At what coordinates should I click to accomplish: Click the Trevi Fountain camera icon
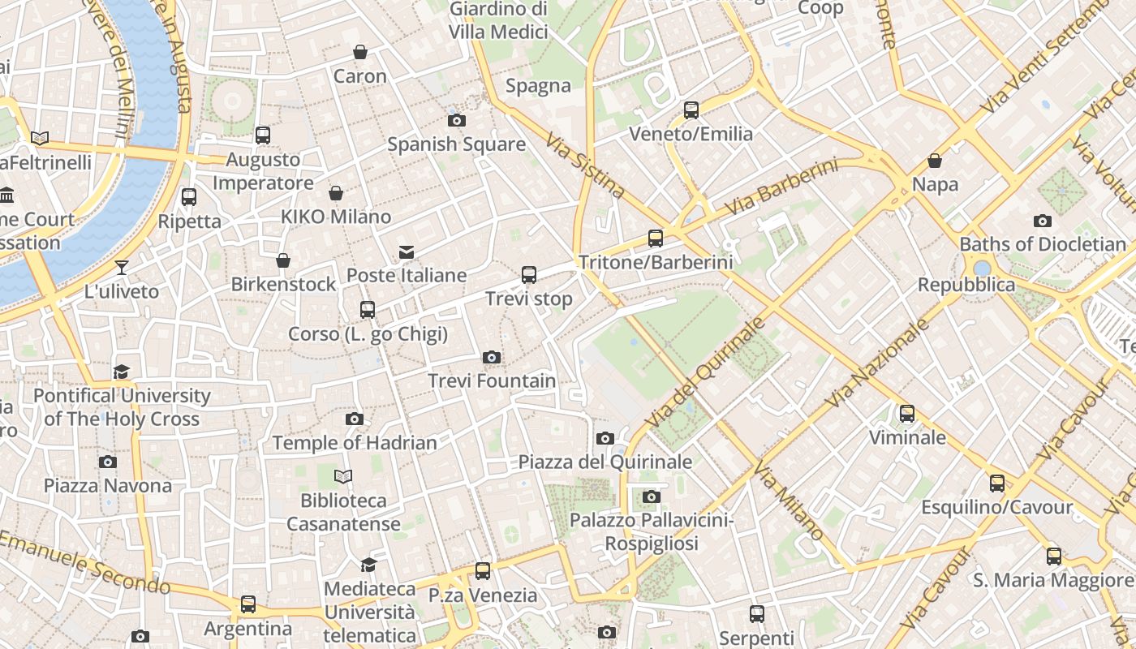click(x=491, y=358)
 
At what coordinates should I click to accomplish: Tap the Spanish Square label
click(x=456, y=144)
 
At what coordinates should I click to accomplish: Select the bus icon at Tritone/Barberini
click(x=656, y=239)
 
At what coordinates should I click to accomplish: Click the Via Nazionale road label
click(x=877, y=363)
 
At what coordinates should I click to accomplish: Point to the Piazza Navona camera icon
click(x=107, y=462)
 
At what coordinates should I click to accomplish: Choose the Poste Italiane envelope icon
click(x=407, y=252)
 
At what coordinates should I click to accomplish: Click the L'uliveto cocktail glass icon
click(x=122, y=268)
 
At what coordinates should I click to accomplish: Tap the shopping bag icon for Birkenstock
click(x=283, y=260)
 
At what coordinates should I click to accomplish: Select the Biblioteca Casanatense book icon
click(x=343, y=477)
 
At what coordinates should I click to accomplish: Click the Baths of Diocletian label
click(x=1043, y=244)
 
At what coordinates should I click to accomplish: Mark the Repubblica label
click(x=966, y=286)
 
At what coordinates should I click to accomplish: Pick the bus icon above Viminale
click(x=907, y=414)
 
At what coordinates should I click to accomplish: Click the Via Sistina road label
click(x=585, y=166)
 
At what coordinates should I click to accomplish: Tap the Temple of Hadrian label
click(x=355, y=443)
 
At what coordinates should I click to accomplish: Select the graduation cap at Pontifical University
click(x=122, y=372)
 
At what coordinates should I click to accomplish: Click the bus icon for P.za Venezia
click(x=483, y=571)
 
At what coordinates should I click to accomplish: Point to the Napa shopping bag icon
click(x=935, y=161)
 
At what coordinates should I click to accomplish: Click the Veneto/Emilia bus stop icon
click(x=691, y=110)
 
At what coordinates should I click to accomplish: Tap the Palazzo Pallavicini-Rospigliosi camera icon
click(x=651, y=496)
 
